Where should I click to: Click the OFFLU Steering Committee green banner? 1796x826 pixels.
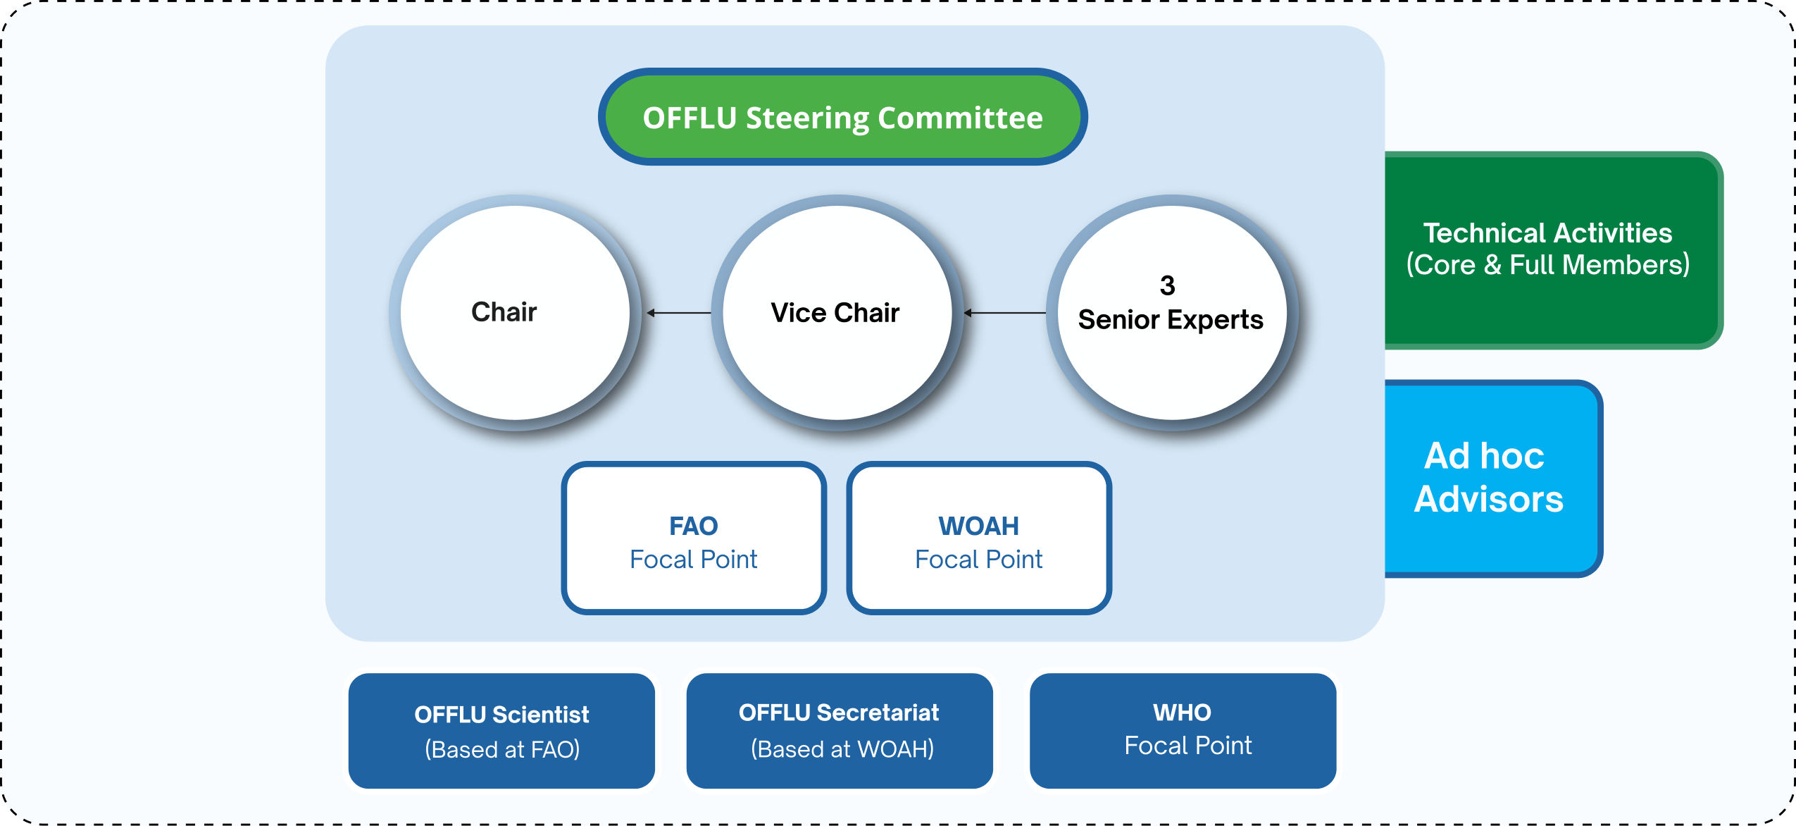[x=842, y=117]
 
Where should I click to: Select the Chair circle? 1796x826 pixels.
[x=516, y=312]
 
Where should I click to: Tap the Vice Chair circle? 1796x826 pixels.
[x=837, y=312]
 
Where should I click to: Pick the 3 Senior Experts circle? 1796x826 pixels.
[x=1172, y=312]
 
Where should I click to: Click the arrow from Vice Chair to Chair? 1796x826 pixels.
[x=679, y=312]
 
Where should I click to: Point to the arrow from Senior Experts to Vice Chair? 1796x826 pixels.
[x=1005, y=312]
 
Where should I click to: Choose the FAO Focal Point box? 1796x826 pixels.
[x=694, y=538]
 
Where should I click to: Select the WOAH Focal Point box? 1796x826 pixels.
[x=979, y=538]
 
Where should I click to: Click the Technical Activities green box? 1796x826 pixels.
[x=1553, y=250]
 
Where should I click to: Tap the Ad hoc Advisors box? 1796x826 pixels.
[x=1493, y=479]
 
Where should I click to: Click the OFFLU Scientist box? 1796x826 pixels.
[x=501, y=731]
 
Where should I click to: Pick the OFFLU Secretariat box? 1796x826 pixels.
[x=840, y=731]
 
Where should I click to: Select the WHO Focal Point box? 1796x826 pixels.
[x=1183, y=731]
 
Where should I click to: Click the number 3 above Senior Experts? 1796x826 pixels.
[x=1167, y=285]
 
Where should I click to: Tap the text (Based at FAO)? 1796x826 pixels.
[x=502, y=749]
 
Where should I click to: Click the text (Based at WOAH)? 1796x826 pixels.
[x=842, y=748]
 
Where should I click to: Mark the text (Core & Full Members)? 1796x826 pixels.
[x=1548, y=265]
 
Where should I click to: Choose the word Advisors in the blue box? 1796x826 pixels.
[x=1489, y=499]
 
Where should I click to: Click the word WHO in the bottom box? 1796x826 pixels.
[x=1183, y=713]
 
